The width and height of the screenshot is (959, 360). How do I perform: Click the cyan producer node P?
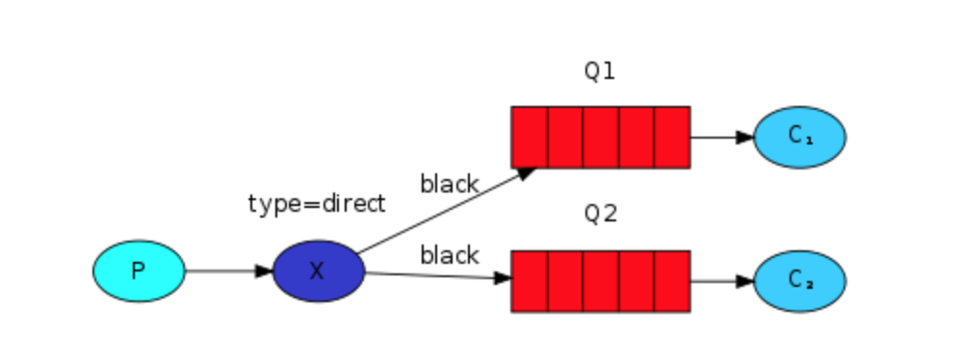(x=139, y=270)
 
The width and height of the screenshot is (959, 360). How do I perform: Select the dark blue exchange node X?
(x=318, y=271)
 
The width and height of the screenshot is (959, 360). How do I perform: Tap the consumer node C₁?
(x=799, y=137)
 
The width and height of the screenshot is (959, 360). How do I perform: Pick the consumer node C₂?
(x=799, y=281)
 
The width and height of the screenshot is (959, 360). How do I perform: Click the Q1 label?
(x=599, y=72)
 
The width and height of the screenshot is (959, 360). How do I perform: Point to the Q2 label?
(x=599, y=214)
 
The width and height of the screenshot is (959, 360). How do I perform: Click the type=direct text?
(x=316, y=204)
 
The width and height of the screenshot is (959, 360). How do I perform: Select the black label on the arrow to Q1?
(x=449, y=184)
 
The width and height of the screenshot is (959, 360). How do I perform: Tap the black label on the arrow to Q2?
(x=449, y=255)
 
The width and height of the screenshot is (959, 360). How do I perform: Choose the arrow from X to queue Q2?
(x=438, y=276)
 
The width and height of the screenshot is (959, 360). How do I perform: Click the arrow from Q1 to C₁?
(x=721, y=137)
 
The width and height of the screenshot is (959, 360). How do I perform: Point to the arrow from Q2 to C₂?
(x=721, y=281)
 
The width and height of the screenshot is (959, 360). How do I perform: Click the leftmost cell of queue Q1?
(x=530, y=137)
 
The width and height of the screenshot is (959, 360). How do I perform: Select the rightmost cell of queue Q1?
(x=672, y=137)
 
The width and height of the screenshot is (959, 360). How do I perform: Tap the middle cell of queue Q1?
(x=601, y=137)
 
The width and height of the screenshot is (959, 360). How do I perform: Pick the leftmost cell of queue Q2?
(x=530, y=281)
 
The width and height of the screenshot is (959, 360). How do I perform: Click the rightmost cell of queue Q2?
(x=672, y=281)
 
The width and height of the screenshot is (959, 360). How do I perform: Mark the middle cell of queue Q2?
(x=601, y=281)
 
